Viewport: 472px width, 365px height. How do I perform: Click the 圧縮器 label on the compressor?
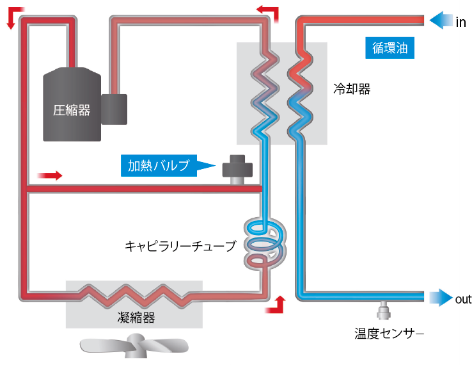(x=72, y=110)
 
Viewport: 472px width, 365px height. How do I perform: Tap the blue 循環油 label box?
(x=390, y=47)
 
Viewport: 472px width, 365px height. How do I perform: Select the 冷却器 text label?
(x=352, y=89)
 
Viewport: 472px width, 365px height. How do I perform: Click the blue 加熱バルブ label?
(x=159, y=166)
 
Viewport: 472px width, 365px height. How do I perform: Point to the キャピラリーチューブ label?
(x=180, y=245)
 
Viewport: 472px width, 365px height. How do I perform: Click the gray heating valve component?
(x=238, y=169)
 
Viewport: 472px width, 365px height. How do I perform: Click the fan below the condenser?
(x=134, y=346)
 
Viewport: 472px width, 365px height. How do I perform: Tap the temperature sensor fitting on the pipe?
(x=385, y=311)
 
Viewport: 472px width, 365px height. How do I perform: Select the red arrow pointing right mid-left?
(x=51, y=175)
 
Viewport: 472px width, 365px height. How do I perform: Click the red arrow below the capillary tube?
(x=276, y=305)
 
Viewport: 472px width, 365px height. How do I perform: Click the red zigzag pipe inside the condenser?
(x=134, y=295)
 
